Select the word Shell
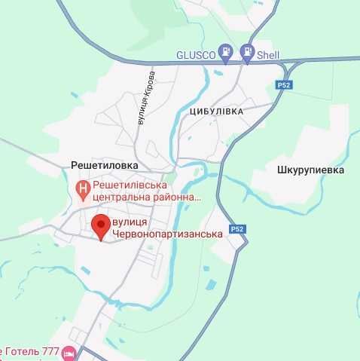[268, 55]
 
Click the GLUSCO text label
[195, 55]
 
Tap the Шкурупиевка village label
[310, 170]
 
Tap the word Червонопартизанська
[167, 234]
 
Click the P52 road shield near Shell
[282, 84]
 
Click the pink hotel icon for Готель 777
[69, 353]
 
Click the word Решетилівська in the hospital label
[130, 185]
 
